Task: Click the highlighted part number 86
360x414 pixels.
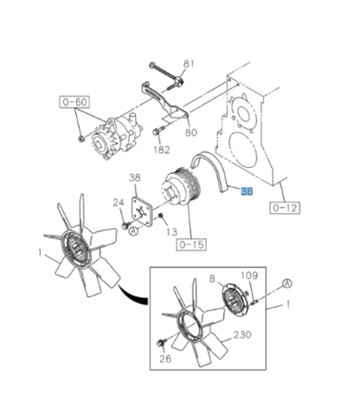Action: click(x=247, y=192)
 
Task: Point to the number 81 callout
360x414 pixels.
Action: click(x=190, y=63)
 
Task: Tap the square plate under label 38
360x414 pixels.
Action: click(x=142, y=209)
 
